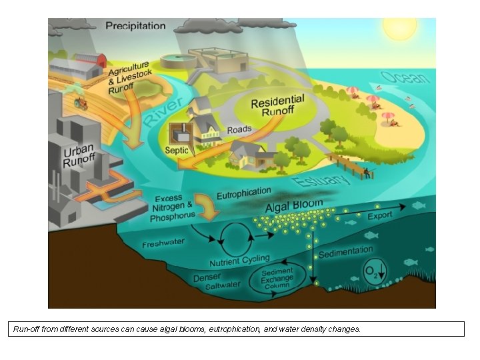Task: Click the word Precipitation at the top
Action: (x=135, y=26)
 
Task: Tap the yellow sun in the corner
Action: (x=399, y=27)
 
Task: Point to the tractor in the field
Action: (x=82, y=103)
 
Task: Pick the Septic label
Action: (x=176, y=150)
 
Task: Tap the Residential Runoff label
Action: (x=278, y=107)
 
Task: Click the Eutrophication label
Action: (x=243, y=193)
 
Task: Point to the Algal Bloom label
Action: (x=294, y=205)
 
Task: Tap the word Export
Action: (x=380, y=216)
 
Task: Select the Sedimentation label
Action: (x=345, y=251)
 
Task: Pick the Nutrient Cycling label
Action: (x=239, y=261)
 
